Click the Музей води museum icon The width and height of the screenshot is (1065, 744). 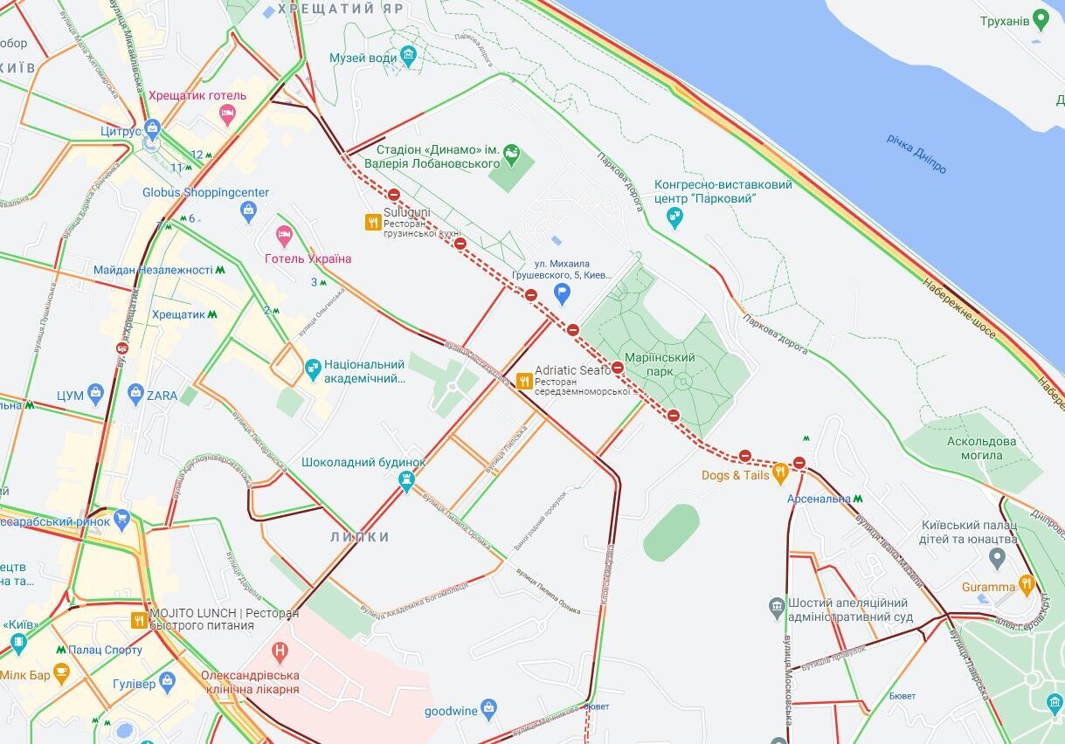pyautogui.click(x=408, y=58)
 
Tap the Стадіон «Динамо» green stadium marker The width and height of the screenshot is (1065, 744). pyautogui.click(x=512, y=156)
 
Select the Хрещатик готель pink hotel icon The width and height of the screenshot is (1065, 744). pyautogui.click(x=228, y=113)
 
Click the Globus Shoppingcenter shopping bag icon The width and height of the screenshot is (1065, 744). pyautogui.click(x=248, y=210)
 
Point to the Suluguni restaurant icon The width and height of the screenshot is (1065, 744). pyautogui.click(x=373, y=223)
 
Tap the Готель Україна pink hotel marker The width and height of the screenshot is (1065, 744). pyautogui.click(x=284, y=235)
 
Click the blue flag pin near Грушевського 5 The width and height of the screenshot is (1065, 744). pyautogui.click(x=563, y=293)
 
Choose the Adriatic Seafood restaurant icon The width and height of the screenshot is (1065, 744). pyautogui.click(x=524, y=380)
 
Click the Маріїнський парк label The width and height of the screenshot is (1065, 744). pyautogui.click(x=660, y=364)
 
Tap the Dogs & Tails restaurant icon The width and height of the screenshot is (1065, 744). pyautogui.click(x=780, y=473)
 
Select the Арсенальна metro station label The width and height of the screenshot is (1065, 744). pyautogui.click(x=819, y=499)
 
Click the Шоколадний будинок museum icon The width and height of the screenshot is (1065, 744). pyautogui.click(x=406, y=479)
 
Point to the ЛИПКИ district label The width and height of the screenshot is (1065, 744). pyautogui.click(x=359, y=537)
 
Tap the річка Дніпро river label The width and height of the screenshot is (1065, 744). pyautogui.click(x=916, y=153)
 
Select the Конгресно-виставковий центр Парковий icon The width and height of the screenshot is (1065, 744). pyautogui.click(x=674, y=217)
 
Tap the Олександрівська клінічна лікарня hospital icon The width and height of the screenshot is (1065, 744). pyautogui.click(x=280, y=651)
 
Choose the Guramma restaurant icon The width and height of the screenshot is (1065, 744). pyautogui.click(x=1027, y=584)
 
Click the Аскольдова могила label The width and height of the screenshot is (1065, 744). pyautogui.click(x=981, y=448)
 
